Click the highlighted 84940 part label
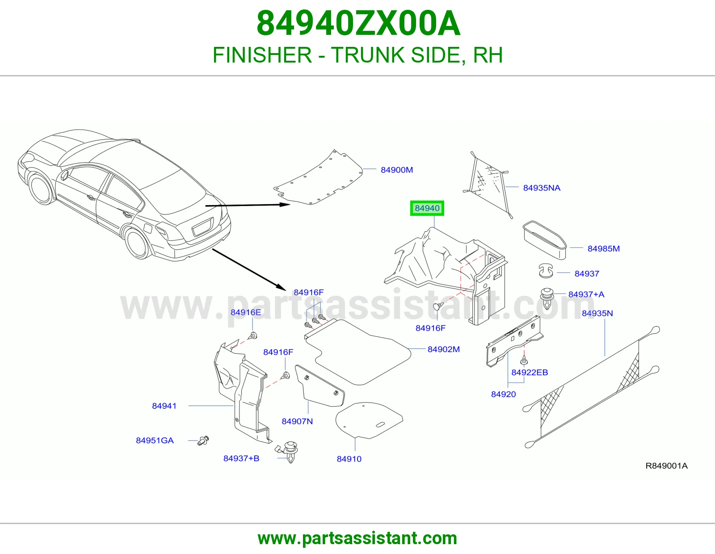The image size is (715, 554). (427, 208)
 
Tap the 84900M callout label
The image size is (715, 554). (396, 170)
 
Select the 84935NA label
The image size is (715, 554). (542, 188)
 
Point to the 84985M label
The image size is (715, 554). (603, 248)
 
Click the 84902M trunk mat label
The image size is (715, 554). (444, 349)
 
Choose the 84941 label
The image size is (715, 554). (164, 406)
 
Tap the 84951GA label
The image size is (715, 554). (155, 440)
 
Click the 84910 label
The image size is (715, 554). (349, 459)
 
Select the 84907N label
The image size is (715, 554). (297, 421)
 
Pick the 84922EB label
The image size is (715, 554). (530, 373)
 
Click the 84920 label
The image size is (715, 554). (504, 394)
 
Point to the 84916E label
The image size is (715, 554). (246, 312)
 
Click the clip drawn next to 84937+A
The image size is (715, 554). (547, 298)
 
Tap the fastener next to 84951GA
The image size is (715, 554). (203, 440)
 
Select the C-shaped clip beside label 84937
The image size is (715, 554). (546, 271)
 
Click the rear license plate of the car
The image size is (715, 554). (203, 227)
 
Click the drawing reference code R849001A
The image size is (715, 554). (666, 466)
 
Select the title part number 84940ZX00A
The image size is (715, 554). (358, 24)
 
